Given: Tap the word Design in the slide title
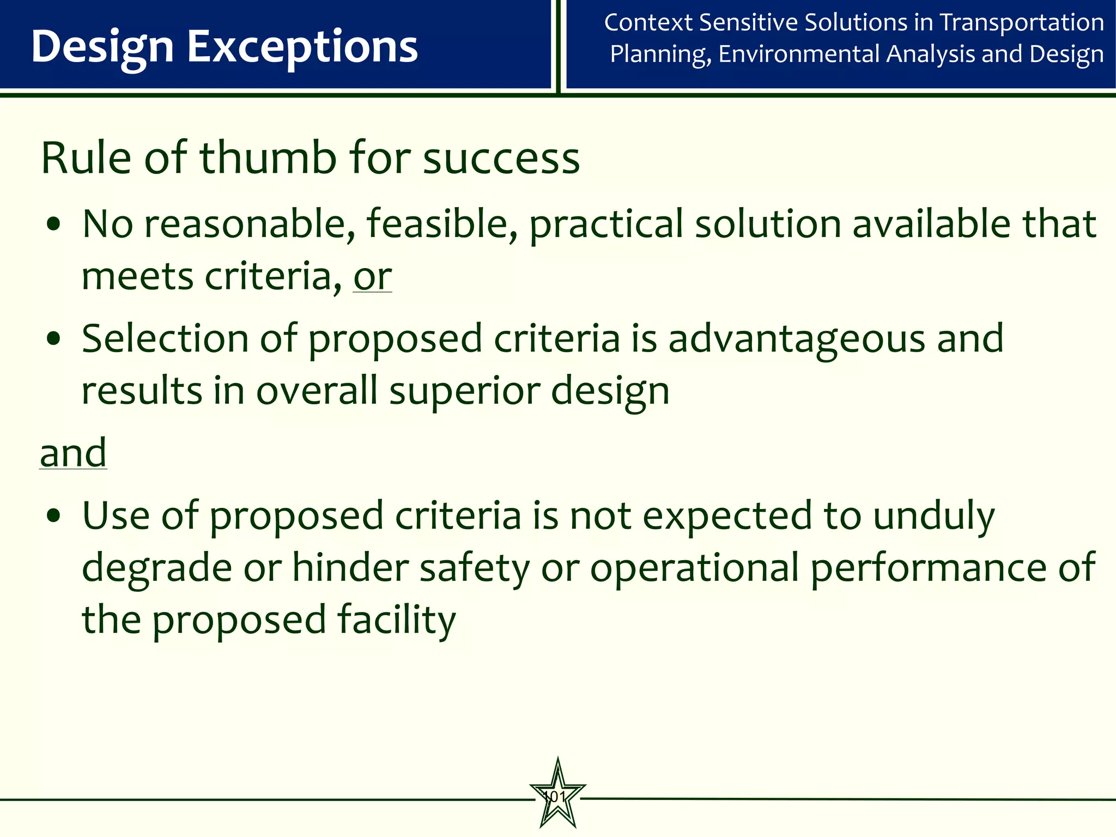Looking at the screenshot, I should (102, 47).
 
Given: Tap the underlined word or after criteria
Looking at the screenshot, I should (372, 277).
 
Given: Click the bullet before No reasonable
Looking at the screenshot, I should (53, 225).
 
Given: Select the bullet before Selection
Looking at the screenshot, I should (53, 339).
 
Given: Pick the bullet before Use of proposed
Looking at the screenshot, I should (53, 515).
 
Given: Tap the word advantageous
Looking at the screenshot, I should (797, 339).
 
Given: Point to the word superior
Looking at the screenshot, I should (464, 391).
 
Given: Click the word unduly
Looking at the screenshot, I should (934, 515).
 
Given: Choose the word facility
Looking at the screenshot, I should (396, 620).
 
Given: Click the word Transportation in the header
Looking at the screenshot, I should (1022, 23).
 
